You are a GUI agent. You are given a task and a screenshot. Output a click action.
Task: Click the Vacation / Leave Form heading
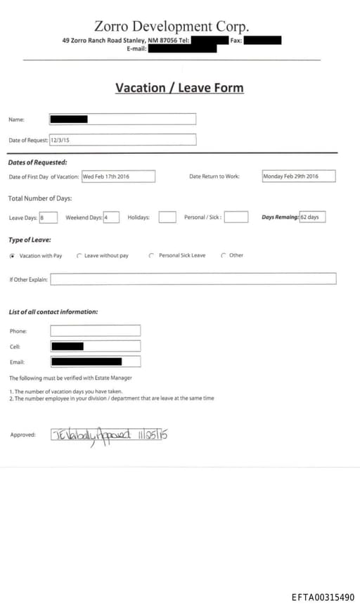tap(179, 88)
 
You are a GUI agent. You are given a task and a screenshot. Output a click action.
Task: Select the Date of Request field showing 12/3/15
tap(122, 140)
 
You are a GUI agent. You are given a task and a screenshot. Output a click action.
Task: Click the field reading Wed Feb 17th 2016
tap(118, 176)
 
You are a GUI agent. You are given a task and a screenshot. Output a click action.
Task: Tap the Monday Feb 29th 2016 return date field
tap(298, 176)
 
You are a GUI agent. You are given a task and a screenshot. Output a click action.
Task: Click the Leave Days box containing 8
tap(49, 217)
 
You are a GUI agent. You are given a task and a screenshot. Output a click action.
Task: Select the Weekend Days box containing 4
tap(111, 217)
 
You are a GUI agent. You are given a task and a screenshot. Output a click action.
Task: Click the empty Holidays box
tap(167, 217)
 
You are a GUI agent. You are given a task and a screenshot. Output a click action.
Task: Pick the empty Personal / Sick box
tap(236, 217)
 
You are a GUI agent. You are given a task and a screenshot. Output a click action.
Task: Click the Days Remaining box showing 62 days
tap(312, 217)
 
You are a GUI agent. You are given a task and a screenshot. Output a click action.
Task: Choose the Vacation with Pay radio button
tap(12, 256)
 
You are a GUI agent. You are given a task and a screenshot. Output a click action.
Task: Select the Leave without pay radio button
tap(79, 256)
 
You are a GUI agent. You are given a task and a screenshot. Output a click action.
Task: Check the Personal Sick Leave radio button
tap(151, 256)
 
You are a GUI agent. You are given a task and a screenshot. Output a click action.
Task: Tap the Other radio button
tap(224, 256)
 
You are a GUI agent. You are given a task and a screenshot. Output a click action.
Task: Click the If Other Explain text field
tap(193, 279)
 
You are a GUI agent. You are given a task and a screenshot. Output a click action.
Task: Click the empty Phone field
tap(95, 330)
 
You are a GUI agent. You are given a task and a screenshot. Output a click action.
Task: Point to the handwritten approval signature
tap(109, 435)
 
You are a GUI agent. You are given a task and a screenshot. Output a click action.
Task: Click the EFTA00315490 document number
tap(323, 597)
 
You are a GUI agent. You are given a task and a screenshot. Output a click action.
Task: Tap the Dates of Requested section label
tap(38, 162)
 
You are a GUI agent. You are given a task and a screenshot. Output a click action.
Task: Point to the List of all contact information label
tap(53, 311)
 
